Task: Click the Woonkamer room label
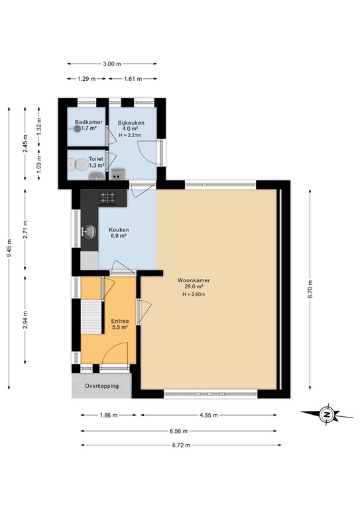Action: coord(194,280)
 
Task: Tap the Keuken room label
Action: coord(119,230)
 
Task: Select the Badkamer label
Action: coord(89,122)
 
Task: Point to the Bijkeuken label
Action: coord(131,123)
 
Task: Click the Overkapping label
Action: coord(102,386)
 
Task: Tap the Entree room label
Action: coord(120,321)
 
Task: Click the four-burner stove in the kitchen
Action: coord(108,198)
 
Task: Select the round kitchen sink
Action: coord(90,232)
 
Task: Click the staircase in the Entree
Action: coord(91,317)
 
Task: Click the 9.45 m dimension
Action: coord(9,248)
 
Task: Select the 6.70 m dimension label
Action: coord(310,289)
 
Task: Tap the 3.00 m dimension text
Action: coord(112,64)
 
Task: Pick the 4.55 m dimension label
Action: coord(209,415)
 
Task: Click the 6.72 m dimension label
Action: coord(181,445)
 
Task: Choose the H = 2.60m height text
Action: coord(194,294)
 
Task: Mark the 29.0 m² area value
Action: coord(194,286)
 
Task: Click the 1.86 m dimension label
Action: coord(108,415)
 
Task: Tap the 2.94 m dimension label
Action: coord(25,319)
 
